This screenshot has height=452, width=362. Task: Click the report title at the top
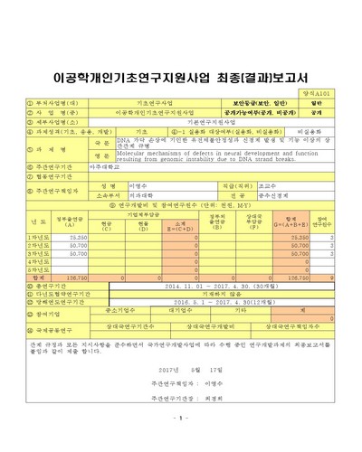click(181, 69)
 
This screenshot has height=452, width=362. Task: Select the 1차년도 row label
click(37, 236)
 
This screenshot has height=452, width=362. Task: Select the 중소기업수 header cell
click(112, 309)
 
